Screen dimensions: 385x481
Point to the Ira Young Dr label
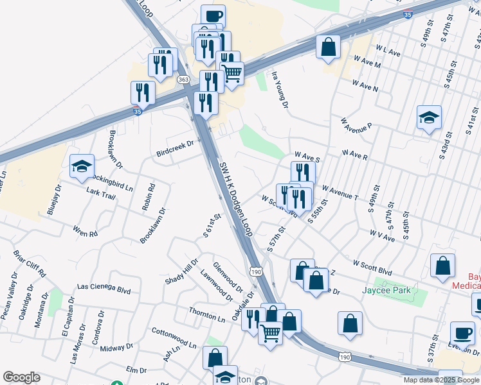[278, 89]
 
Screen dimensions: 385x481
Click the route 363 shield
[184, 79]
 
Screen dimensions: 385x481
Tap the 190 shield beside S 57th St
[256, 272]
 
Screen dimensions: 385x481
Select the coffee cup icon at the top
[213, 15]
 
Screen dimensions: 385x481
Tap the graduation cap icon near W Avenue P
[429, 117]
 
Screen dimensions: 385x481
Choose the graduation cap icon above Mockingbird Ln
[82, 166]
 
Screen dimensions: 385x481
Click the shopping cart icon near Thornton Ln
[271, 332]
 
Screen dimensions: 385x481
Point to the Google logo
[21, 377]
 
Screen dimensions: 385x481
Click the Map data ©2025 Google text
[440, 380]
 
